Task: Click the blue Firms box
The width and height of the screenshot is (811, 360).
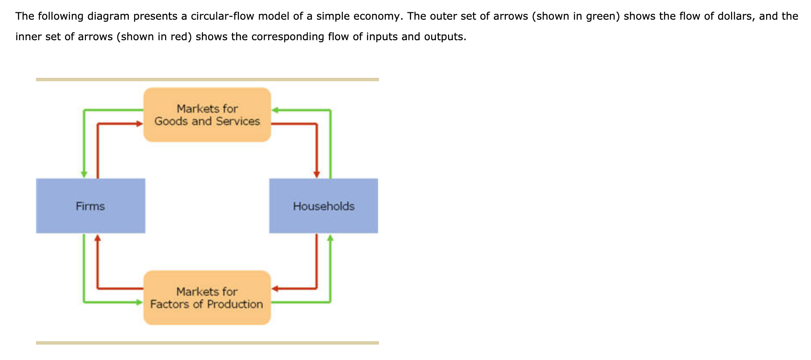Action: point(90,206)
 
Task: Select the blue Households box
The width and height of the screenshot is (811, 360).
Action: point(323,206)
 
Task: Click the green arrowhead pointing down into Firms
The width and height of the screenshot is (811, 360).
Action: point(84,174)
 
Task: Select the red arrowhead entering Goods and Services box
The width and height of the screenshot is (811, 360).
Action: point(139,124)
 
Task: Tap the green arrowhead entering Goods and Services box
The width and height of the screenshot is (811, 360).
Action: point(275,110)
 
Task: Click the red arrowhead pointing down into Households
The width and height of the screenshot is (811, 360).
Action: point(317,174)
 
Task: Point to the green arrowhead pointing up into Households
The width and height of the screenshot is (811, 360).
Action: point(330,238)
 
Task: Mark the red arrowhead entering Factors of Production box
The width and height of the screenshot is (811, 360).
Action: point(275,289)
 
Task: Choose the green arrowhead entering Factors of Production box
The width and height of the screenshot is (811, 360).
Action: point(139,302)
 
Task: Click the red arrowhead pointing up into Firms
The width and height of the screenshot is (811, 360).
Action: point(98,238)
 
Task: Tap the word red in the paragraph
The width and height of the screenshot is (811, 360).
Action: point(180,37)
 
